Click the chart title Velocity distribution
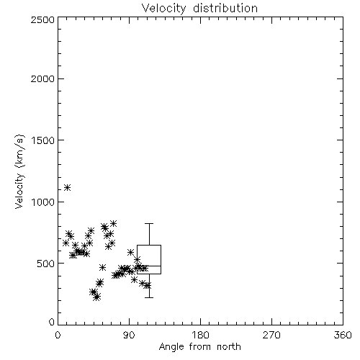tap(199, 8)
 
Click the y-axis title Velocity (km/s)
tap(19, 171)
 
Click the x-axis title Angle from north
tap(199, 346)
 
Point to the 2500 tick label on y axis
tap(42, 19)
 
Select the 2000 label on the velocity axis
tap(42, 78)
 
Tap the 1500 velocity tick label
tap(43, 140)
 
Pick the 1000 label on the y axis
tap(43, 202)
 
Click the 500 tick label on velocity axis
tap(46, 264)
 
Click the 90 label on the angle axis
tap(129, 335)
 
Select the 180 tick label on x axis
tap(200, 335)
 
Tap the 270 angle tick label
tap(271, 335)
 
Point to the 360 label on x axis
tap(343, 335)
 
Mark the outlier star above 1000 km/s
tap(68, 187)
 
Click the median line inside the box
tap(149, 266)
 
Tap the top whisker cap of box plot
tap(149, 223)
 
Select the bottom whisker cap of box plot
tap(149, 297)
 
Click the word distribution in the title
tap(225, 8)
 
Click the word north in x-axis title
tap(229, 346)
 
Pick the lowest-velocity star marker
tap(96, 297)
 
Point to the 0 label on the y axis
tap(52, 322)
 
